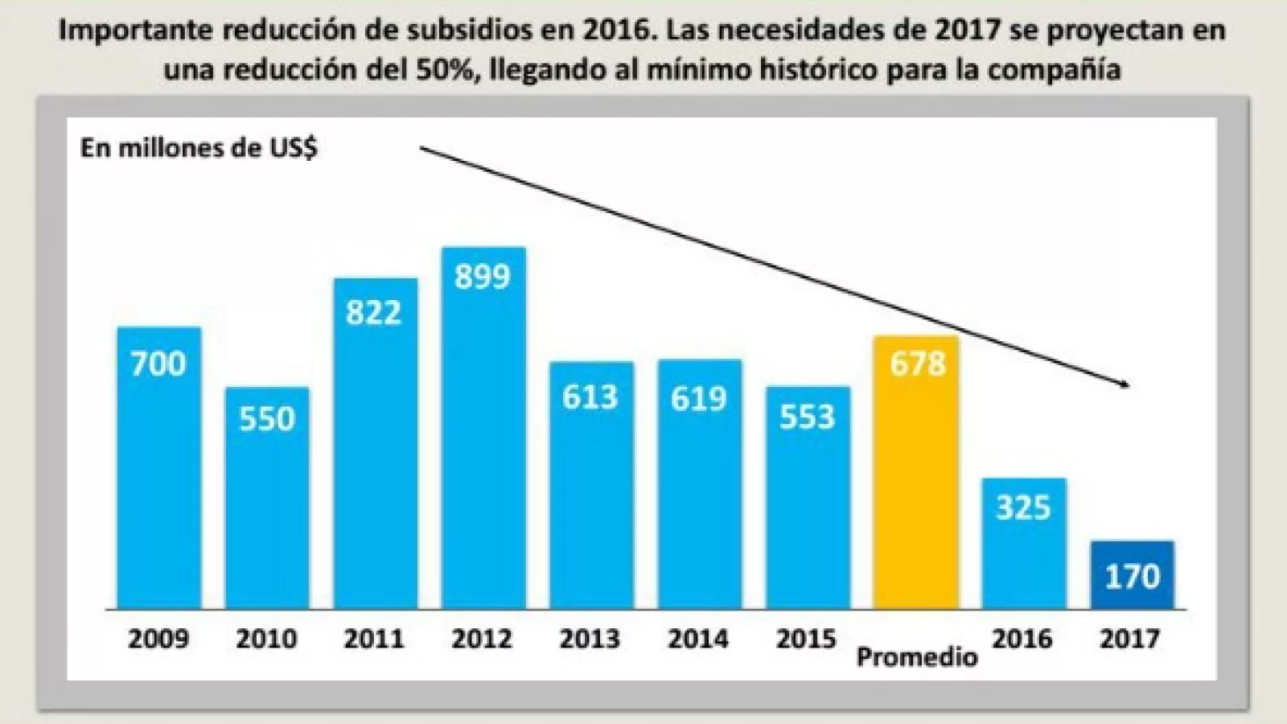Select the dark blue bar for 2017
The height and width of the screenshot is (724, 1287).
click(x=1132, y=574)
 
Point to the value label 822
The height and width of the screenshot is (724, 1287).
click(x=374, y=312)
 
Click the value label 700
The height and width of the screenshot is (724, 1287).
click(x=158, y=364)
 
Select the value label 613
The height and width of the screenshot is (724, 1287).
click(x=590, y=397)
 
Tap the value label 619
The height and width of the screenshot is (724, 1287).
click(x=698, y=397)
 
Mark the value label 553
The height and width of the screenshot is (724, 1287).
click(x=807, y=418)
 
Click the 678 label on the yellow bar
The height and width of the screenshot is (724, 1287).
click(x=917, y=364)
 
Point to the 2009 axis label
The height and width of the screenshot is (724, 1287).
click(x=158, y=639)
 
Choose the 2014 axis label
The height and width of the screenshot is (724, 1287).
click(x=698, y=639)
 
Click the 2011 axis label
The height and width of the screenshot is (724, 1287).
click(x=374, y=639)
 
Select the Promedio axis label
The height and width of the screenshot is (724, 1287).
click(x=917, y=656)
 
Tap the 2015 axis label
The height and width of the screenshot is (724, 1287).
click(x=807, y=639)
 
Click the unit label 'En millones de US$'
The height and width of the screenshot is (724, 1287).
click(x=199, y=149)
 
